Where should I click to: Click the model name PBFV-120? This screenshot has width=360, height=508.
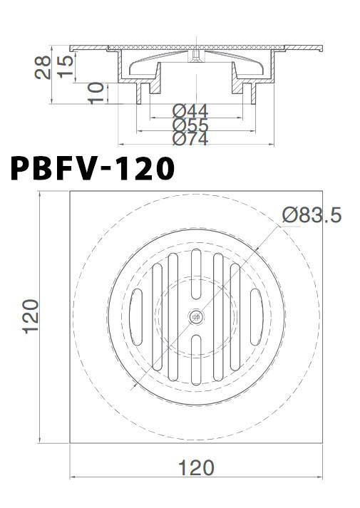[x=91, y=170]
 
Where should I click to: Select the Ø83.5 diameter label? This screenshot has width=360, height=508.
[x=312, y=214]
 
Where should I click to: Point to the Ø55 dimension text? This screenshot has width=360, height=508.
[x=190, y=126]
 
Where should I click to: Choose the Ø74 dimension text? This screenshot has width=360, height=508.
[x=190, y=140]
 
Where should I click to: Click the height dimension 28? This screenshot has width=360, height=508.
[x=43, y=67]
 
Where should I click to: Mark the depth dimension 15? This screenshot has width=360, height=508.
[x=65, y=64]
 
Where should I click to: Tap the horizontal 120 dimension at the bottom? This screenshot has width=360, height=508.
[x=195, y=467]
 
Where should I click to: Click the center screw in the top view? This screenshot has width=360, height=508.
[x=195, y=316]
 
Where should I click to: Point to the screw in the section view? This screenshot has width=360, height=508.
[x=195, y=55]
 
